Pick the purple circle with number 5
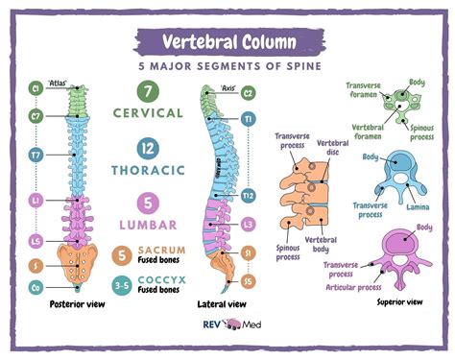148,204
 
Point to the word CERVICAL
148,113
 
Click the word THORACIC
148,170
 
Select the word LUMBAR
148,225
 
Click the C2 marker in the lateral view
248,94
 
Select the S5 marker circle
248,281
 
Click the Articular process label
354,285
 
